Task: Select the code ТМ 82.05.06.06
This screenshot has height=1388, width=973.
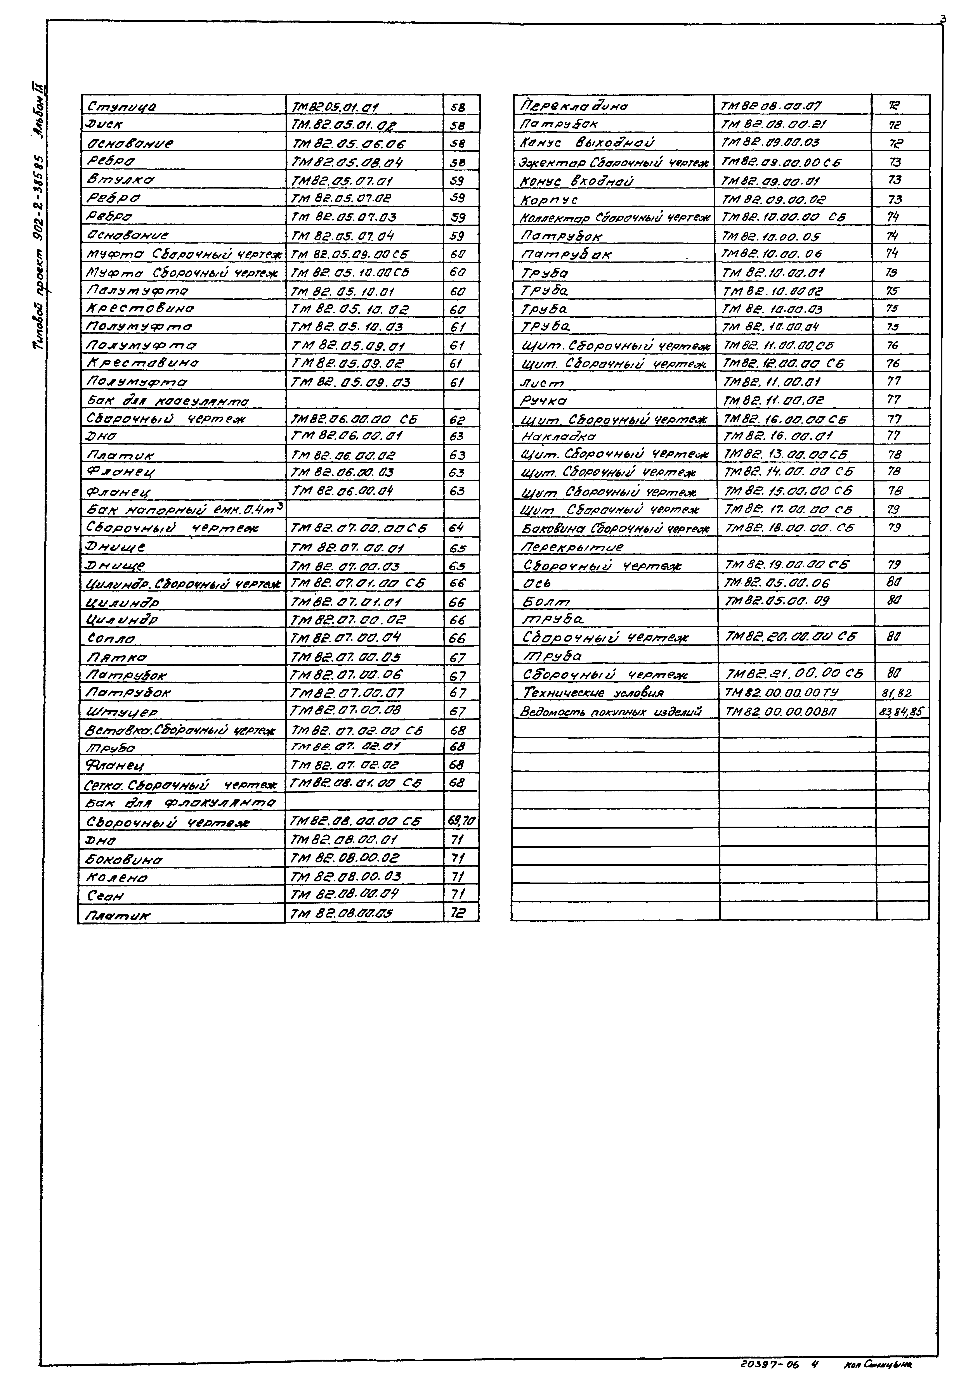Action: point(348,144)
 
